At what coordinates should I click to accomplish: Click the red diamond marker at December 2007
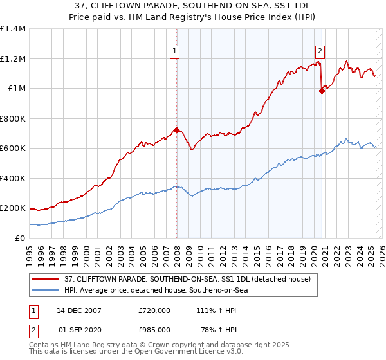point(176,130)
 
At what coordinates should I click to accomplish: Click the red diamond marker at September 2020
point(322,91)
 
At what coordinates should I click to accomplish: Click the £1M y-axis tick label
point(16,88)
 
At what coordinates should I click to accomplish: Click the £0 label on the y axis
point(19,238)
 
